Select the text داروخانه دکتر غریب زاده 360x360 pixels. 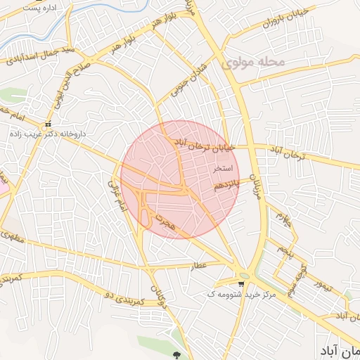48,133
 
